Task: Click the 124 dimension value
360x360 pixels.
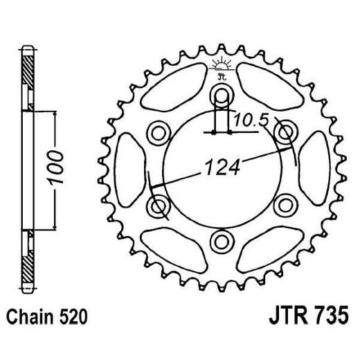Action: (221, 166)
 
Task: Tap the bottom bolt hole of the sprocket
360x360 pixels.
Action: (221, 240)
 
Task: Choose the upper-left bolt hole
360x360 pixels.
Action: (159, 131)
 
